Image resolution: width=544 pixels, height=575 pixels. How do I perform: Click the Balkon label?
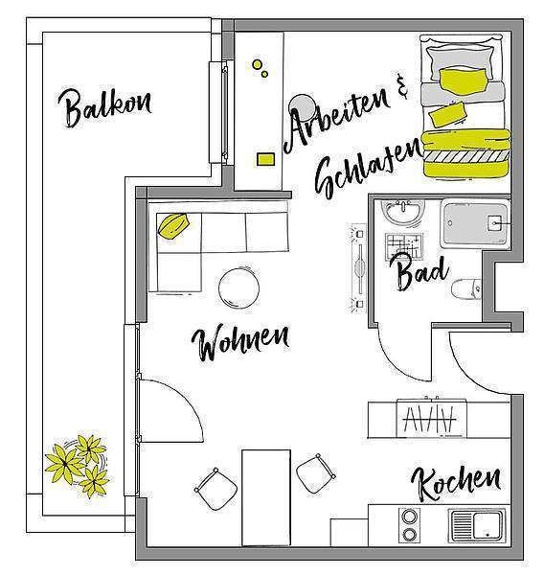104,107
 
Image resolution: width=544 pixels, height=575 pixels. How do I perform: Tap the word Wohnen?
240,342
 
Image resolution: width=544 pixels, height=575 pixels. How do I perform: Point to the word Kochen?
456,484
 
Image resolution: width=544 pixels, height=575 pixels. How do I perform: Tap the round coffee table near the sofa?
238,288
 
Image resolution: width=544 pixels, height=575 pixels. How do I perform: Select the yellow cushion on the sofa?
173,226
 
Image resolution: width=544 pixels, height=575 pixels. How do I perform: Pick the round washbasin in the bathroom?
401,212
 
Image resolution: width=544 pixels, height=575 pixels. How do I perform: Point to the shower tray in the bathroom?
475,223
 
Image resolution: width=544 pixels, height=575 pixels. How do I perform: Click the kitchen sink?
477,525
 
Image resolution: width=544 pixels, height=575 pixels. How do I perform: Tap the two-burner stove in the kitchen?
410,525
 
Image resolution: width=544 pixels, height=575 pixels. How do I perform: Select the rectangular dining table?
266,497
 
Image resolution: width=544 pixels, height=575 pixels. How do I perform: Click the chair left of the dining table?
215,489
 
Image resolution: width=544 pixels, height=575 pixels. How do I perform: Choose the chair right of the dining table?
315,473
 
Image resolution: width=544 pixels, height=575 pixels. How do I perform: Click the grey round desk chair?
302,107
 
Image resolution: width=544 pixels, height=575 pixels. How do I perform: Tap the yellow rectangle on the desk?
265,159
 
